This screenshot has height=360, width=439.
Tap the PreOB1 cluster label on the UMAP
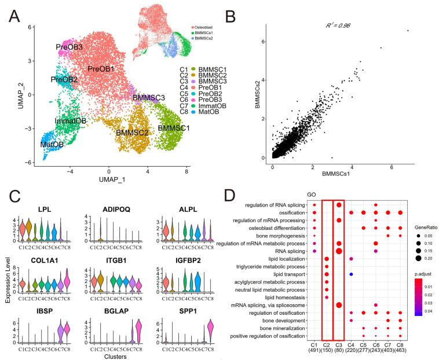pos(104,69)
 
